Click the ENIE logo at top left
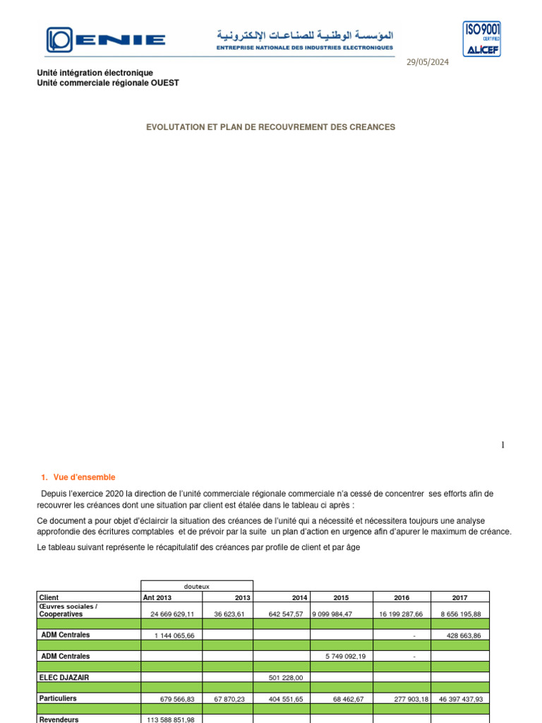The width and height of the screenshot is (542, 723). pos(106,40)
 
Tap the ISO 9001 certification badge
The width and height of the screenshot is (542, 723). pos(482,39)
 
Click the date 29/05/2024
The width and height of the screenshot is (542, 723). pos(427,61)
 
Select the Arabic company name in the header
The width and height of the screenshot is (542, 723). pos(305,35)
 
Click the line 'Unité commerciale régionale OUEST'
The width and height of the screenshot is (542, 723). pos(108,83)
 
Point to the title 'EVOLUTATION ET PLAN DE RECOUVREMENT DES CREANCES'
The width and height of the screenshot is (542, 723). pos(270,127)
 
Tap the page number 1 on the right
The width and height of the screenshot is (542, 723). pos(503,445)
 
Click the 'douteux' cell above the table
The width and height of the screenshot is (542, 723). pos(196,586)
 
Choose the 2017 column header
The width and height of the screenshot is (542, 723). pos(459,597)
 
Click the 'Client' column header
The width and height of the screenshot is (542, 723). pos(49,597)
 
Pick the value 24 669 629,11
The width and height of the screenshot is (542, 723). pos(171,614)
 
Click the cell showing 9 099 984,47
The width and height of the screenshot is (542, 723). pos(332,614)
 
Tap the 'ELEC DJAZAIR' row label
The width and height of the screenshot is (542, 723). pos(69,677)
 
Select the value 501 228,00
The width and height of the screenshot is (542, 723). pos(286,677)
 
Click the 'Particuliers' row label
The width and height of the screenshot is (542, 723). pos(59,698)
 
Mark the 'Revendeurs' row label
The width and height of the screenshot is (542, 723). pos(59,719)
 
